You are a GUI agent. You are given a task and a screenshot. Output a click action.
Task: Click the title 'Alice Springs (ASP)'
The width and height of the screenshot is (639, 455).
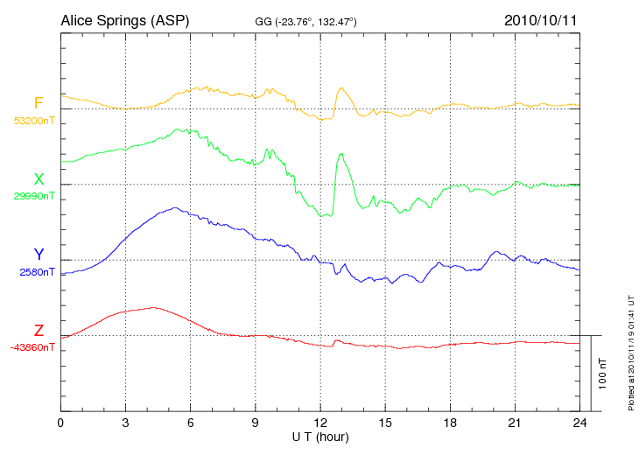click(x=124, y=19)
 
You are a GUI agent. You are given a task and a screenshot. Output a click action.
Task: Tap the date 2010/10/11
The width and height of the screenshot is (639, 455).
click(x=540, y=19)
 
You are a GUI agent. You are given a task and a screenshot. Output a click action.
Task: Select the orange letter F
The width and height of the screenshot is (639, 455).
click(x=39, y=104)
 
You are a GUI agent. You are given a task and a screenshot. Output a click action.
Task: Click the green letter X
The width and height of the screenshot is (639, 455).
click(x=39, y=179)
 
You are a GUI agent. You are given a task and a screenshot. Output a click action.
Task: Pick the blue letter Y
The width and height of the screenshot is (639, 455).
click(x=39, y=255)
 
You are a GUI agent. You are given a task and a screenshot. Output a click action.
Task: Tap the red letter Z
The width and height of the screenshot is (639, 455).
click(x=39, y=331)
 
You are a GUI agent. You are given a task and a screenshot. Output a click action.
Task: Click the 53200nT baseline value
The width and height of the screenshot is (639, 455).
click(x=34, y=121)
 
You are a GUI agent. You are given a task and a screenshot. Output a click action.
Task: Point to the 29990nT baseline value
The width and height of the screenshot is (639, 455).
click(x=34, y=196)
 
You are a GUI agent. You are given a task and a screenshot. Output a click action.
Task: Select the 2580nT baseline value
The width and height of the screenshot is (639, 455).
click(x=37, y=272)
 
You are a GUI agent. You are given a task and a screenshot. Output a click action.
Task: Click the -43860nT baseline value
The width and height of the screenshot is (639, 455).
click(x=34, y=347)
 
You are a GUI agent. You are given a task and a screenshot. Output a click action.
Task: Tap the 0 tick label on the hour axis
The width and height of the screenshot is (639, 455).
click(x=60, y=423)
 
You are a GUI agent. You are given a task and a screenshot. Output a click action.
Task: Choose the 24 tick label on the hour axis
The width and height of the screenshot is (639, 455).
click(x=579, y=423)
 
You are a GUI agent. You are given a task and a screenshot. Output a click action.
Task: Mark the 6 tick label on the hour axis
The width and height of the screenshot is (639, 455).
click(x=190, y=423)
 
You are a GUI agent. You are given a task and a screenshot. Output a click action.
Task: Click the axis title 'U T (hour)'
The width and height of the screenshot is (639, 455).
click(x=319, y=436)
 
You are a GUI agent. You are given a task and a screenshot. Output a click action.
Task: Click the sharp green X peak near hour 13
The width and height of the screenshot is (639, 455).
click(x=340, y=155)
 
